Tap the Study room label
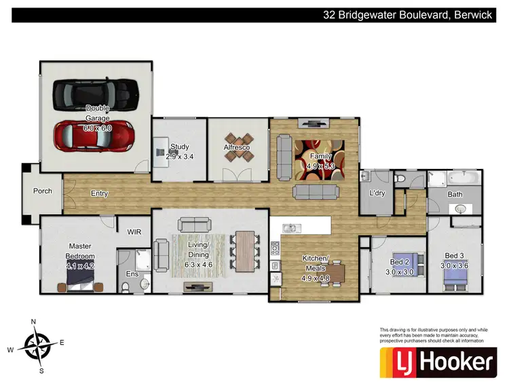(180, 147)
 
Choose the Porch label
(43, 191)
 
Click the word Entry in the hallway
(100, 193)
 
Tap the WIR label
(134, 231)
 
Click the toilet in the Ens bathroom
(124, 287)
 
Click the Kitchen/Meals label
(315, 263)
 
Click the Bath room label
(455, 195)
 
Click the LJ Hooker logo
(437, 362)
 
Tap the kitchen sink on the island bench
(291, 227)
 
